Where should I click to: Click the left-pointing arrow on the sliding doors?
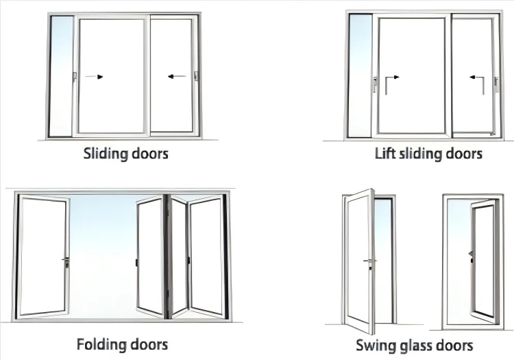point(176,77)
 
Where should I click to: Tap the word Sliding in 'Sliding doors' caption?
point(105,152)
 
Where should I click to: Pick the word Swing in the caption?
point(375,344)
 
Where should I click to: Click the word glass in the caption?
point(417,344)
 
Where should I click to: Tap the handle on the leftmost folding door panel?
point(66,261)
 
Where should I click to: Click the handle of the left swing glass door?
point(371,262)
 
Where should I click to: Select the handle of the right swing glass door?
point(472,255)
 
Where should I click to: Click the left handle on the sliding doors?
point(73,76)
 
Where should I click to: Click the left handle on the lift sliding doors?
point(374,85)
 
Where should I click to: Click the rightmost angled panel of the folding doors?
point(207,257)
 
